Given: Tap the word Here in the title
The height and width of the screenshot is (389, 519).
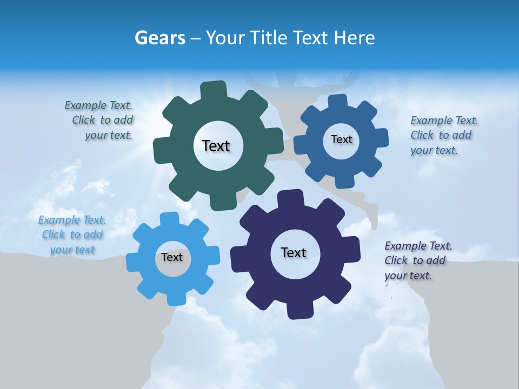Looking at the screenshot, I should [x=355, y=38].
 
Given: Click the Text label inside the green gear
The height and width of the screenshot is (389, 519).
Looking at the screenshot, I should [x=216, y=146].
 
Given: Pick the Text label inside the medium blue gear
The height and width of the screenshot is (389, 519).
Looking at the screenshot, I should [x=341, y=139].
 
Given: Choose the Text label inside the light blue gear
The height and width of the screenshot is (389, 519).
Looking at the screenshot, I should [x=171, y=257].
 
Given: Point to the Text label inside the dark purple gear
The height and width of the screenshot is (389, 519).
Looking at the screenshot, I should [x=294, y=252].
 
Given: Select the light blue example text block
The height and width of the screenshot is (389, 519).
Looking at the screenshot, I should [x=72, y=234].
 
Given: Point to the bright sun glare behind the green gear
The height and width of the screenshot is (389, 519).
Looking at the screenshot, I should [x=146, y=108].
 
